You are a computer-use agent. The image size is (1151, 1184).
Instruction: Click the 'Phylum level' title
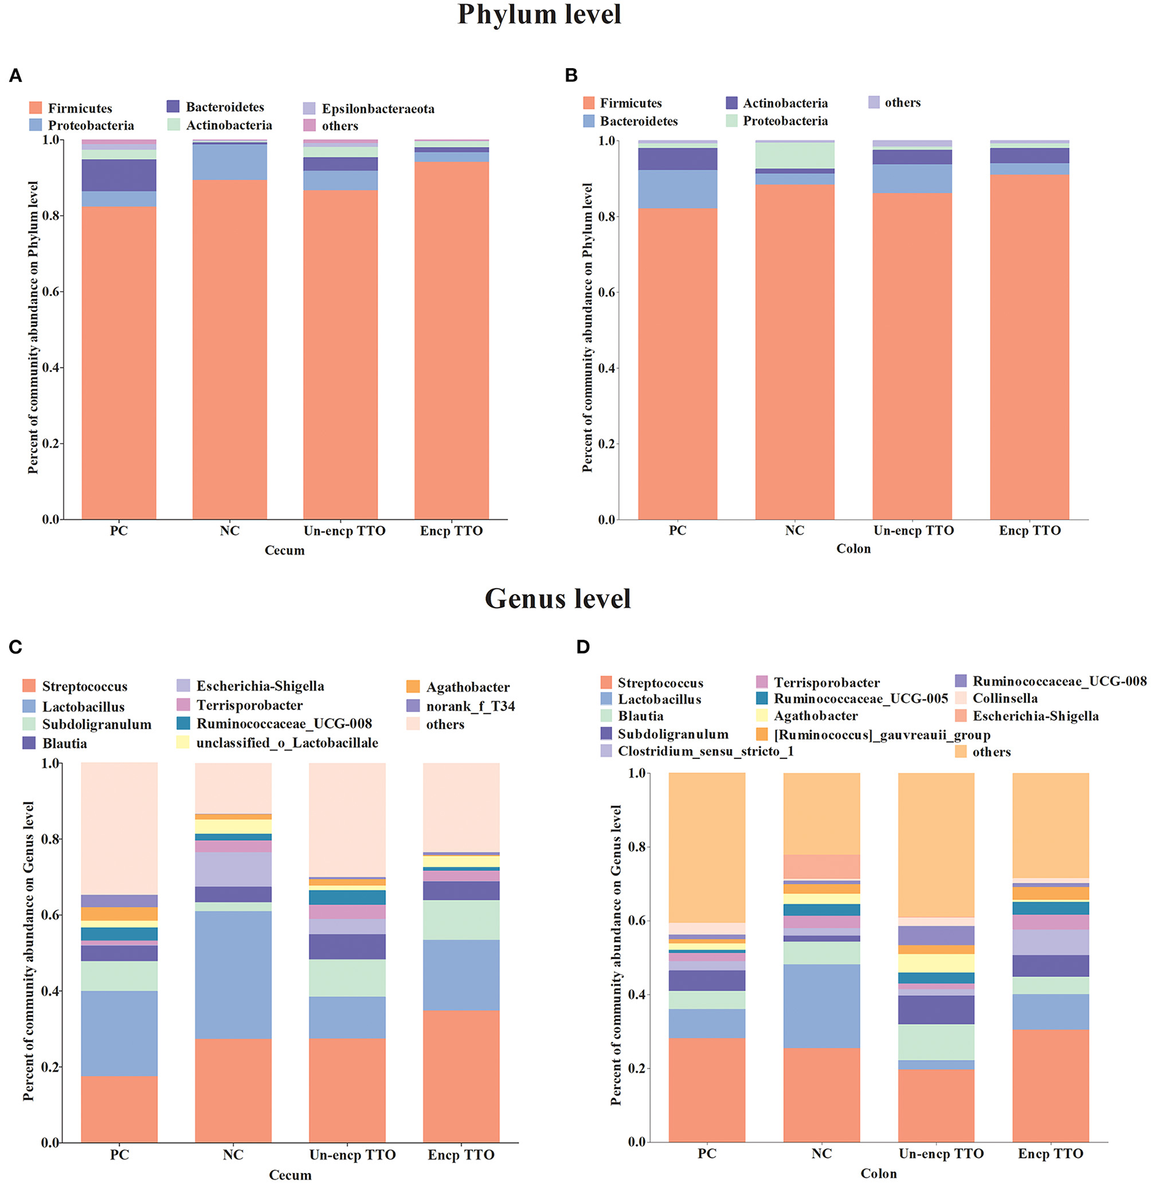tap(539, 15)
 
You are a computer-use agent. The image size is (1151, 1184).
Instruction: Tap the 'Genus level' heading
tap(557, 598)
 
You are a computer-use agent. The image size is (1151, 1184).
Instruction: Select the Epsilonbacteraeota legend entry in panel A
tap(377, 108)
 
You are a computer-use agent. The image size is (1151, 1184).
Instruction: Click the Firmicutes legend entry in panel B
tap(630, 103)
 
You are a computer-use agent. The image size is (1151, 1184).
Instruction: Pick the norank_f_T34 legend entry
tap(470, 706)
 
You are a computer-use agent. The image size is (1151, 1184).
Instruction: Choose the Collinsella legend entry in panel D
tap(1004, 698)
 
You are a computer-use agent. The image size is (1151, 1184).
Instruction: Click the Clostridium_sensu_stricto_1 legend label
tap(705, 751)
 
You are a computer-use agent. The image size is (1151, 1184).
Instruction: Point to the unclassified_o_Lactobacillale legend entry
tap(286, 743)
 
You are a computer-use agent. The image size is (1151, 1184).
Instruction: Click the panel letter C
tap(16, 647)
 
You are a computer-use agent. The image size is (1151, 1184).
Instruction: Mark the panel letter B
tap(571, 76)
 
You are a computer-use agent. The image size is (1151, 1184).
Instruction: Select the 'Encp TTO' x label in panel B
tap(1030, 530)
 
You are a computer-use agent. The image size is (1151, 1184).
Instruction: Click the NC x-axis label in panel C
tap(233, 1155)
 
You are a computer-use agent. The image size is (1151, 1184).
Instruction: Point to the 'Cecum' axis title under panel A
tap(285, 550)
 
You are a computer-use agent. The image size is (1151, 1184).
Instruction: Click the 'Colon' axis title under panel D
tap(878, 1174)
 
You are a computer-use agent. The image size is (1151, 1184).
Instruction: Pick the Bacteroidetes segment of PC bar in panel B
tap(677, 189)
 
